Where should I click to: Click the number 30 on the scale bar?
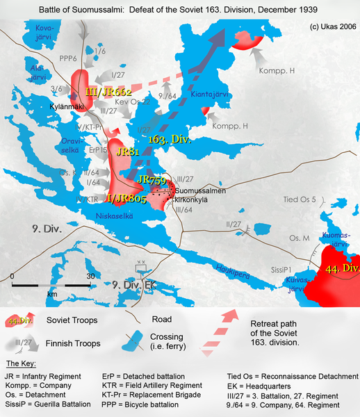coord(90,276)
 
